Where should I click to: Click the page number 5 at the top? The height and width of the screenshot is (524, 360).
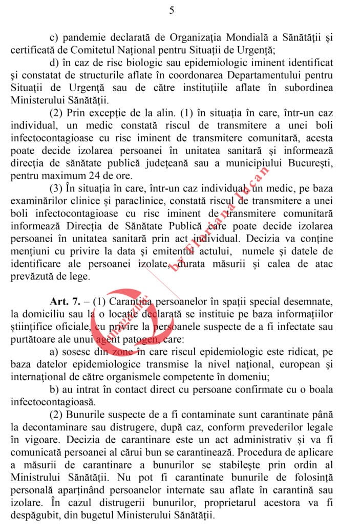pos(171,11)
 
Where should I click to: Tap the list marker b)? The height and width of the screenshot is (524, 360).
pos(55,389)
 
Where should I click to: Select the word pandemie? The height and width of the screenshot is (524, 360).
pos(84,38)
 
